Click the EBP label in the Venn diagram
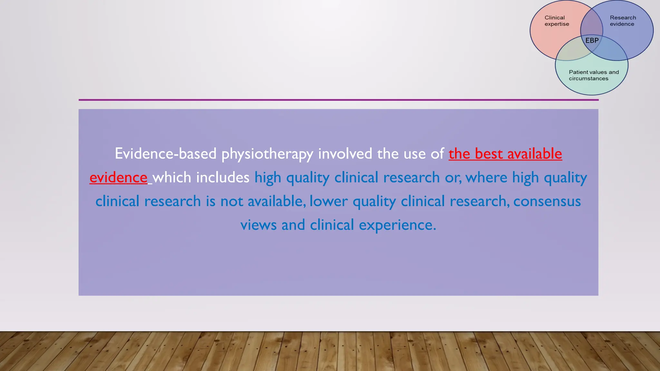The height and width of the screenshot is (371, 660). [x=592, y=41]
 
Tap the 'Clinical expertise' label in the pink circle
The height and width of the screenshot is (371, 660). [x=557, y=21]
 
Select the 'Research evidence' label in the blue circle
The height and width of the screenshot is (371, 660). [x=623, y=21]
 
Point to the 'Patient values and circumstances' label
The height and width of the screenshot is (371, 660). [x=594, y=75]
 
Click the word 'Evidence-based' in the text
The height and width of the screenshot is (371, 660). [x=165, y=154]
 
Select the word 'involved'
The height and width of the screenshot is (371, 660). [x=345, y=154]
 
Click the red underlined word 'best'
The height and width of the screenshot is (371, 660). [x=489, y=154]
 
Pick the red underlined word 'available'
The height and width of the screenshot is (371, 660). [x=535, y=154]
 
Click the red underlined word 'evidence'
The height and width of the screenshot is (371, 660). [x=118, y=178]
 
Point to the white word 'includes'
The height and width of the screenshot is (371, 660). [x=223, y=177]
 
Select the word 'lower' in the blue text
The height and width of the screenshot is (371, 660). [x=328, y=201]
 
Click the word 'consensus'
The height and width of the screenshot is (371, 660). [x=547, y=201]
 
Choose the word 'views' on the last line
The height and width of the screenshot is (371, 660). [x=258, y=225]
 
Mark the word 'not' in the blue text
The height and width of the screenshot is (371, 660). [x=232, y=201]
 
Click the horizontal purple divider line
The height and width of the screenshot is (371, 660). [x=338, y=100]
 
